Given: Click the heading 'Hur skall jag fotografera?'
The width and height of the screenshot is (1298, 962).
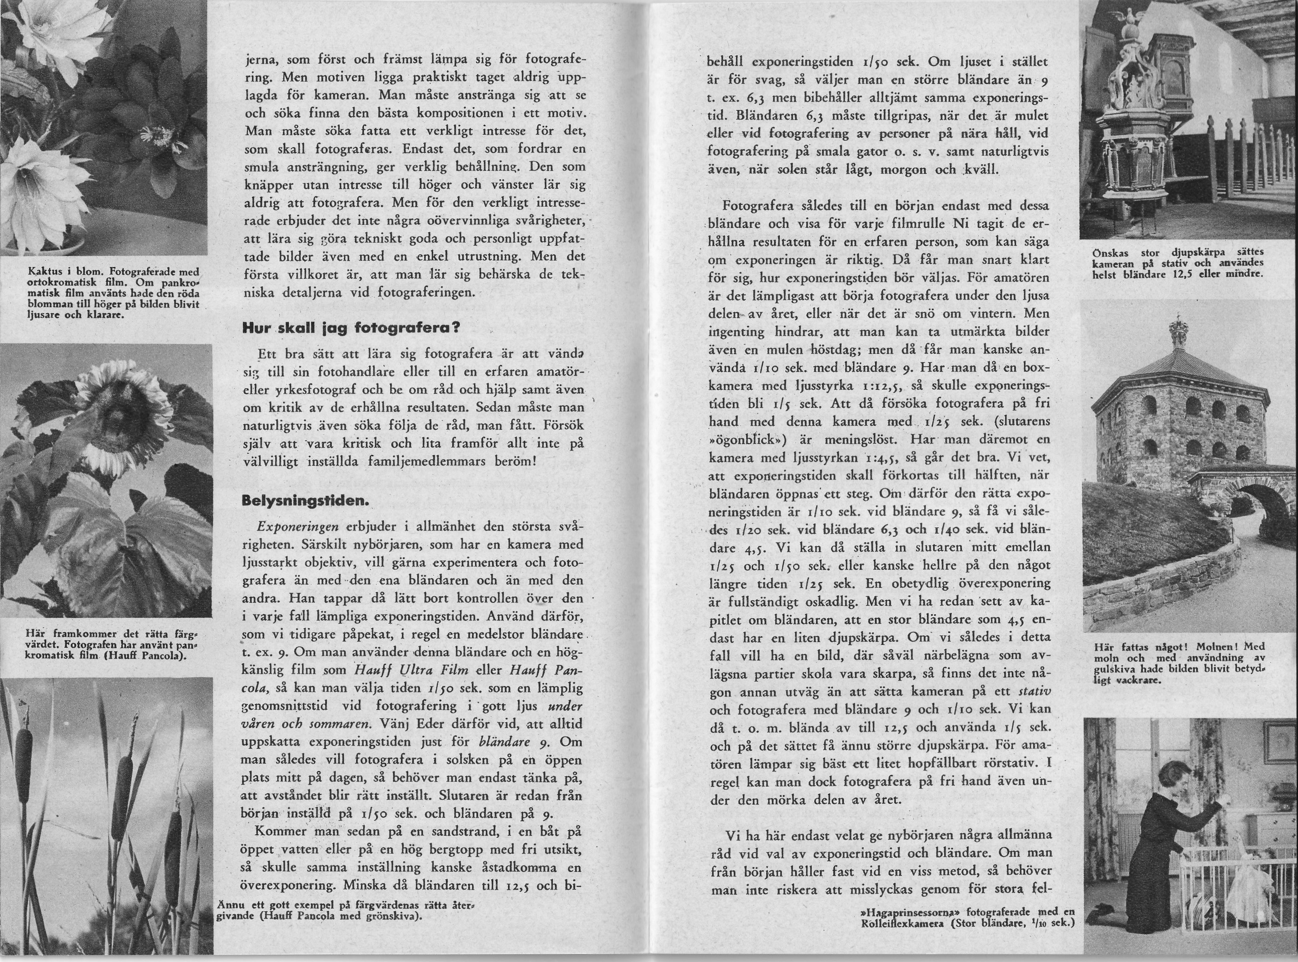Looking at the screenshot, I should coord(351,328).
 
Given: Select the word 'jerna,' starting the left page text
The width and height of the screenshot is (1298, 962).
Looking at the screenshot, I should coord(260,60).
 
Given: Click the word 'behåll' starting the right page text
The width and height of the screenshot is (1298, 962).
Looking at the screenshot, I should coord(725,63).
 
